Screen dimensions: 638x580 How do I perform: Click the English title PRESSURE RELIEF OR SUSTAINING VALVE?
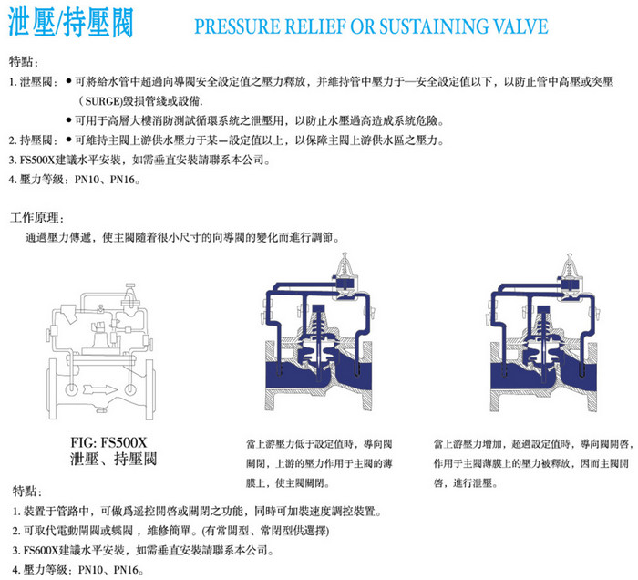[x=371, y=26]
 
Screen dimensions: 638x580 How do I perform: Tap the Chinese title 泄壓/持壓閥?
[x=71, y=23]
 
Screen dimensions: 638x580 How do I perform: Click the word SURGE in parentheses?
[x=103, y=101]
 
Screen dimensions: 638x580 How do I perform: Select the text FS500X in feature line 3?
[x=36, y=160]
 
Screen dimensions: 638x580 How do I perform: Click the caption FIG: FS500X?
[x=108, y=442]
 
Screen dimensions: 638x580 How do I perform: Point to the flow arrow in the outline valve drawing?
[x=100, y=389]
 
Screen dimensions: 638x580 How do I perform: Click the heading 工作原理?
[x=37, y=218]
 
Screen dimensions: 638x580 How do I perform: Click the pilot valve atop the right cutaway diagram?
[x=569, y=274]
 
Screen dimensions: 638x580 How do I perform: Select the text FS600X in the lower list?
[x=40, y=551]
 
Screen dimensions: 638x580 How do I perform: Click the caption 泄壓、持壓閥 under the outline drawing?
[x=113, y=459]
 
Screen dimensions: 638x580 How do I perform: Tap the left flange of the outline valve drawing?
[x=52, y=389]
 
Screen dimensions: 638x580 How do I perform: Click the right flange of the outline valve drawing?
[x=149, y=389]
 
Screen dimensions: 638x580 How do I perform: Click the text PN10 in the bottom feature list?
[x=90, y=570]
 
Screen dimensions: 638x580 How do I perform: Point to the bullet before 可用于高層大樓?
[x=68, y=120]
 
